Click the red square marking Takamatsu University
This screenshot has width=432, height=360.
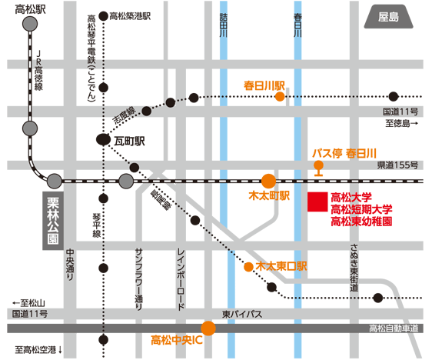click(x=317, y=202)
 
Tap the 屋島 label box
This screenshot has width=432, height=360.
click(x=388, y=17)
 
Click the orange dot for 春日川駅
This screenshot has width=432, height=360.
click(x=280, y=97)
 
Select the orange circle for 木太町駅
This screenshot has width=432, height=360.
click(x=268, y=181)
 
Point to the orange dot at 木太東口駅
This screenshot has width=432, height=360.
click(x=248, y=267)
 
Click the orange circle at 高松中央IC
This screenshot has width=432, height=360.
click(x=208, y=328)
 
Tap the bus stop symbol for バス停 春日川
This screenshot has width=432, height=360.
click(x=318, y=168)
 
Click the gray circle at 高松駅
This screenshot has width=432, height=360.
click(x=30, y=24)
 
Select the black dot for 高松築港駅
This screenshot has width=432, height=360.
click(x=103, y=16)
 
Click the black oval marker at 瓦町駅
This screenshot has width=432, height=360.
click(x=103, y=139)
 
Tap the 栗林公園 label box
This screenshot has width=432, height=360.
click(x=53, y=221)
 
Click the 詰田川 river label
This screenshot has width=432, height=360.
click(x=224, y=25)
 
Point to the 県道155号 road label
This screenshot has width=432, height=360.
click(x=397, y=165)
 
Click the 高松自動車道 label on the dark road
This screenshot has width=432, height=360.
click(x=394, y=328)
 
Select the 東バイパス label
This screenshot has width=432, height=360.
click(x=242, y=314)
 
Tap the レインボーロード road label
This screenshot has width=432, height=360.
click(x=181, y=279)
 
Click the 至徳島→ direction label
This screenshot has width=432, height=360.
click(x=402, y=123)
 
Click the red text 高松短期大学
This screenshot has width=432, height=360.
click(x=361, y=209)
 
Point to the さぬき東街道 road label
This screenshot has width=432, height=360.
click(x=354, y=268)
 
